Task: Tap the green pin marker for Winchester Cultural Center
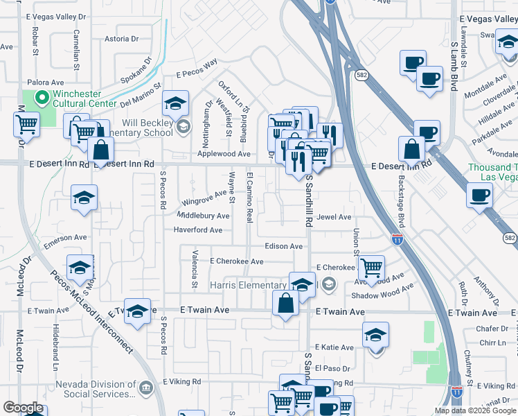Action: (x=41, y=98)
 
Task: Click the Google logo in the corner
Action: (x=23, y=408)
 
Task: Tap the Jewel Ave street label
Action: (x=334, y=217)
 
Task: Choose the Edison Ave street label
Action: (x=284, y=246)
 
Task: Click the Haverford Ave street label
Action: (x=197, y=230)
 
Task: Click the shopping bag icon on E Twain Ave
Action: (x=286, y=303)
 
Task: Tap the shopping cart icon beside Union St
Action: (x=372, y=267)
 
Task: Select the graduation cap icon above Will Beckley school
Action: (x=176, y=103)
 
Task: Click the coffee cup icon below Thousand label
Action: (x=479, y=195)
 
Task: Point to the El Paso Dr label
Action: (x=330, y=367)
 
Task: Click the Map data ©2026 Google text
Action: (x=474, y=410)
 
